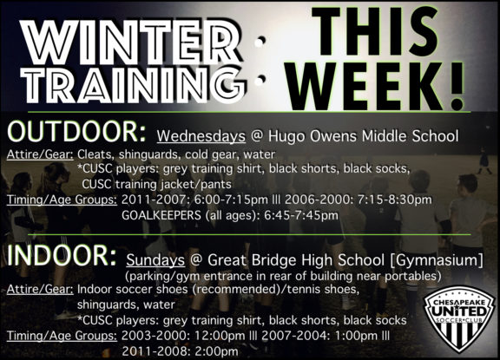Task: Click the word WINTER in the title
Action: click(132, 43)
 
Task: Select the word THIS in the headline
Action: click(375, 31)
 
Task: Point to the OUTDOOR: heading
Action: click(76, 132)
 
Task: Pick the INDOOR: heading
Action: click(62, 256)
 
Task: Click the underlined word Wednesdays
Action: click(201, 136)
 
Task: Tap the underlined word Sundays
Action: click(155, 260)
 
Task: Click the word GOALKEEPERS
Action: click(161, 215)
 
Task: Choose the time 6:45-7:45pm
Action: click(301, 215)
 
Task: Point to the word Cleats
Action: click(95, 154)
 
